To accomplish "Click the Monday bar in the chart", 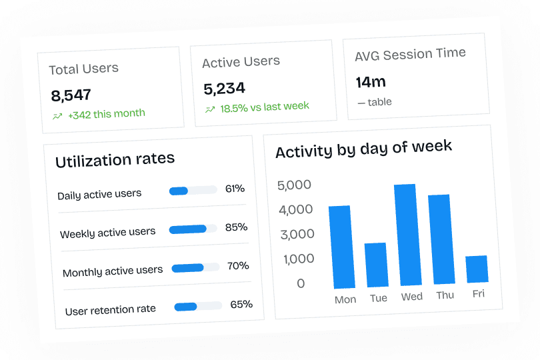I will (341, 247).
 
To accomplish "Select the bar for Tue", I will (377, 265).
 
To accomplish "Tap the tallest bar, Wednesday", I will (406, 234).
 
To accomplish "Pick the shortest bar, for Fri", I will (477, 269).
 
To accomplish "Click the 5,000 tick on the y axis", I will (294, 185).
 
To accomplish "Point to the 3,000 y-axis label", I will (297, 234).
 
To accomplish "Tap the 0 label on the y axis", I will (301, 283).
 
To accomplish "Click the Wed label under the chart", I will (411, 296).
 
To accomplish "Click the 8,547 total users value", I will (71, 95).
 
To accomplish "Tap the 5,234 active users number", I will (224, 88).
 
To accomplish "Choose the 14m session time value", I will (371, 82).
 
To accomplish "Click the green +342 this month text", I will (106, 114).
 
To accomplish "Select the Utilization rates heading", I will (115, 160).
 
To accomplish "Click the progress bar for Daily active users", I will (193, 191).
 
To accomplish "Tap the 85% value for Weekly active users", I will (236, 227).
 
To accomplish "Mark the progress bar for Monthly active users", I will (196, 268).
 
